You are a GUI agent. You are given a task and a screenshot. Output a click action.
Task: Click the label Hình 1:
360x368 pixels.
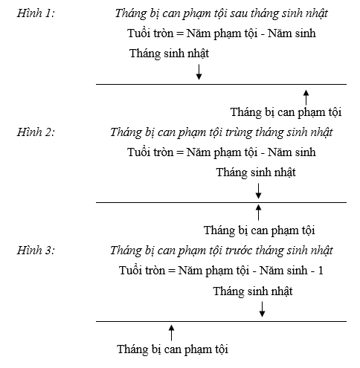pyautogui.click(x=36, y=13)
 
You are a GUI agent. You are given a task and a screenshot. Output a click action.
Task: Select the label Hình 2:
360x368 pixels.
pyautogui.click(x=36, y=132)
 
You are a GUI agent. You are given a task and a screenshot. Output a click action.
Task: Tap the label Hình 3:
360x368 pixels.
pyautogui.click(x=36, y=251)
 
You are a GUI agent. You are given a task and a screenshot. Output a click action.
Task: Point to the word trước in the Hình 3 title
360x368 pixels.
pyautogui.click(x=239, y=251)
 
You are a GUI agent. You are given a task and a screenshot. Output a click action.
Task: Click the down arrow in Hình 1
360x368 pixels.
pyautogui.click(x=199, y=72)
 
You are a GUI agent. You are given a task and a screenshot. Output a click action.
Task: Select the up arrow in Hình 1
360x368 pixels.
pyautogui.click(x=306, y=97)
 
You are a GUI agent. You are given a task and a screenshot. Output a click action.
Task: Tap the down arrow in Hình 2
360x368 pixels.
pyautogui.click(x=258, y=191)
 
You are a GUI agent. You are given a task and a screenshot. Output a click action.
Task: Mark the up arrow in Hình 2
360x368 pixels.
pyautogui.click(x=258, y=213)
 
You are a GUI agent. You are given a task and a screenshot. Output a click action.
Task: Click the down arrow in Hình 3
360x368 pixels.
pyautogui.click(x=262, y=309)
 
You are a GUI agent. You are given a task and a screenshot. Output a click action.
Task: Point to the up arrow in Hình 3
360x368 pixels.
pyautogui.click(x=171, y=333)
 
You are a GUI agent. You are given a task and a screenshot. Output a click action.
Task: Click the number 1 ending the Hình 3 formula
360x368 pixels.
pyautogui.click(x=321, y=271)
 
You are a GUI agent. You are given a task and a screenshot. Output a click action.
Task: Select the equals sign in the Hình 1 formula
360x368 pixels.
pyautogui.click(x=180, y=33)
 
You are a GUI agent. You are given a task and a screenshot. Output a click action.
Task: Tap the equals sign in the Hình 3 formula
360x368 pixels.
pyautogui.click(x=172, y=271)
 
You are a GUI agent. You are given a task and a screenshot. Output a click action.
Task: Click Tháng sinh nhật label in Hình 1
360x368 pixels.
pyautogui.click(x=169, y=54)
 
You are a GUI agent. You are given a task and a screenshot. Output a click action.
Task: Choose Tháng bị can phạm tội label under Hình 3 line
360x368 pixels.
pyautogui.click(x=173, y=349)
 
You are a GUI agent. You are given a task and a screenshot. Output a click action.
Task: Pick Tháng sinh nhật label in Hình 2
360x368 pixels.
pyautogui.click(x=256, y=172)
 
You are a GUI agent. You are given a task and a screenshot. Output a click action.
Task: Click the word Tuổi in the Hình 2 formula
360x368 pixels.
pyautogui.click(x=138, y=152)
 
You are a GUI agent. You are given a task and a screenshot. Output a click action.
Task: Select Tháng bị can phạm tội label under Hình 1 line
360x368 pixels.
pyautogui.click(x=286, y=112)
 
